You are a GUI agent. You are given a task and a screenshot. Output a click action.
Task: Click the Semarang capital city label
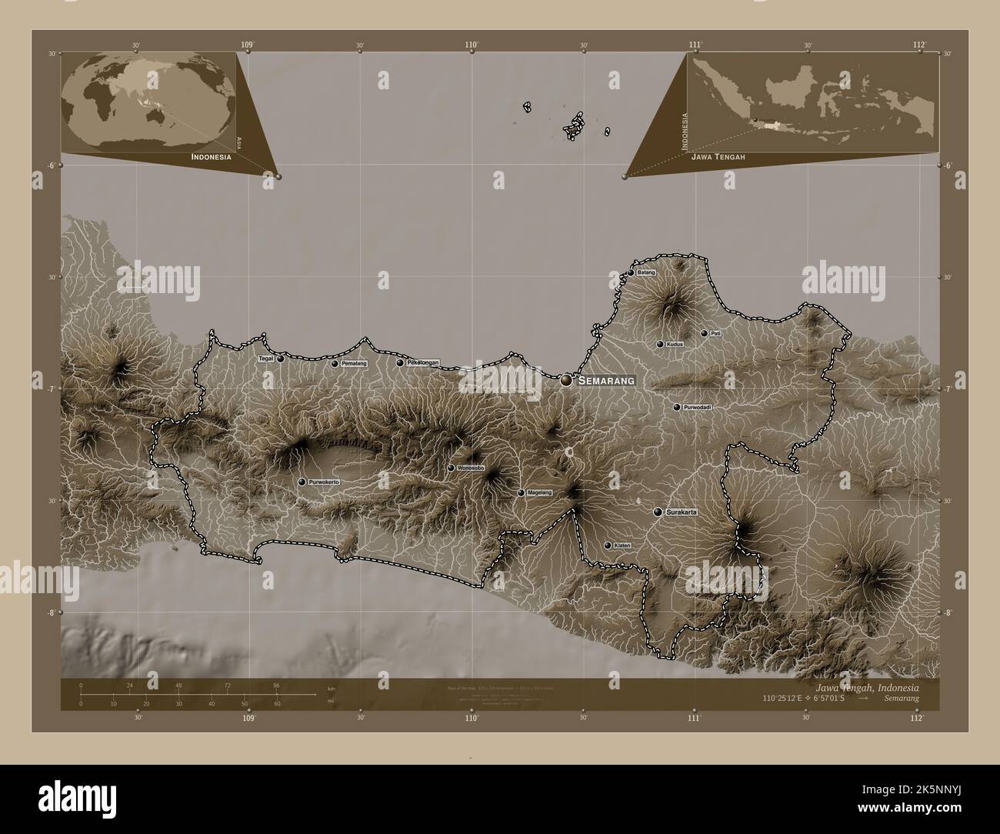(607, 380)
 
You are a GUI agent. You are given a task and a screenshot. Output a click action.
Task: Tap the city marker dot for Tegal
(281, 359)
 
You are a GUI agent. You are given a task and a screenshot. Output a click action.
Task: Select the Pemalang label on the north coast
(355, 363)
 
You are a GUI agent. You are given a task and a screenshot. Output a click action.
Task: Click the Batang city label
(646, 272)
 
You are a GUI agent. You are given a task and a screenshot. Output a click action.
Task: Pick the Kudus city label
(675, 345)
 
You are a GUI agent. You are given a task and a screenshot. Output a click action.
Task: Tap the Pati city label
(715, 334)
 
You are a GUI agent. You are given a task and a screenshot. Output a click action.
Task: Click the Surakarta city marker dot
(658, 512)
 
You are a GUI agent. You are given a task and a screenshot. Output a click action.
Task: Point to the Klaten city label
(622, 545)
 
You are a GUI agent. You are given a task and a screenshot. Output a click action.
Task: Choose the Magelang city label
(540, 492)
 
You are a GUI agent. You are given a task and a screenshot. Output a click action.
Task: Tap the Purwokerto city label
(324, 482)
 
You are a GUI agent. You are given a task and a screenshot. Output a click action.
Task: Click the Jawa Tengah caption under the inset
(718, 156)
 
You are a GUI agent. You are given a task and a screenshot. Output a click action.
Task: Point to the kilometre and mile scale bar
(196, 694)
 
